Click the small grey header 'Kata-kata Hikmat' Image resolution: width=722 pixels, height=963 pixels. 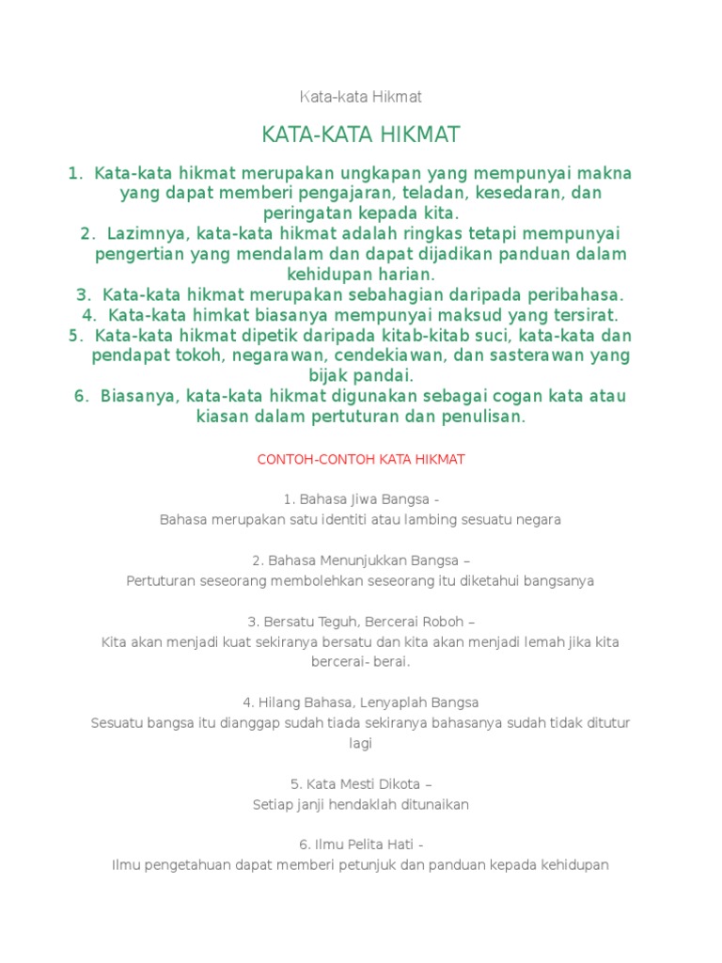click(360, 97)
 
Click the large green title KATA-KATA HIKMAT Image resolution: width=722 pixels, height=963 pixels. click(361, 135)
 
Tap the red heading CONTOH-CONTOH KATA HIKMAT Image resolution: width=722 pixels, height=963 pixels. click(361, 460)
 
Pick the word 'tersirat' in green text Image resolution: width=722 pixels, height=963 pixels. click(584, 315)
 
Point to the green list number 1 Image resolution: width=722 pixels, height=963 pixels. click(74, 173)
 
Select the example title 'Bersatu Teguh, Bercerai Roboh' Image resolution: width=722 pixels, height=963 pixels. click(365, 622)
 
